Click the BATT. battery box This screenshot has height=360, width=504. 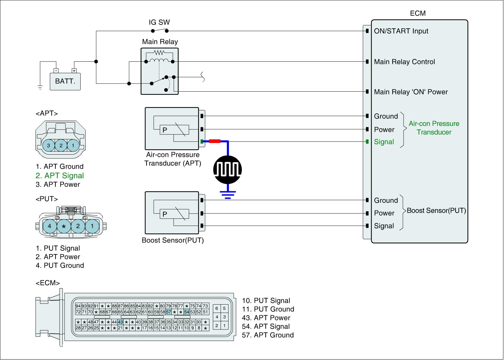[65, 81]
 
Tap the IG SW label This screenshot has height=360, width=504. [159, 22]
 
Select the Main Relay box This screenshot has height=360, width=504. [160, 71]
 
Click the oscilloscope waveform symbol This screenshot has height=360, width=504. [228, 170]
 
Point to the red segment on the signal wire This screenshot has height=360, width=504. [215, 141]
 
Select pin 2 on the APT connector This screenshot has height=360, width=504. [61, 146]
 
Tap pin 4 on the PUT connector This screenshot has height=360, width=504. [49, 226]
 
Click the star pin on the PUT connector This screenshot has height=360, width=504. [64, 226]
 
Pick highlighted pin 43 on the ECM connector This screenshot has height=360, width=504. [120, 322]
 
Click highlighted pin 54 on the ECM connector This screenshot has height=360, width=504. [187, 312]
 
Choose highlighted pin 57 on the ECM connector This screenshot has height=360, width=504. [169, 312]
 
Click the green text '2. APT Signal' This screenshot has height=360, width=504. [60, 176]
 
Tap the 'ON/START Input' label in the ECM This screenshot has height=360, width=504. [401, 31]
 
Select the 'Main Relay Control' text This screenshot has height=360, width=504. [404, 62]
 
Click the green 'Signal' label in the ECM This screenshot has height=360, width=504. [384, 142]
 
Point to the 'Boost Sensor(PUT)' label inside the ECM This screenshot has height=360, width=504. [436, 210]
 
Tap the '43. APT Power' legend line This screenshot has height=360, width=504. [266, 318]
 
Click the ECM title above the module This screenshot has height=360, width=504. [418, 13]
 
